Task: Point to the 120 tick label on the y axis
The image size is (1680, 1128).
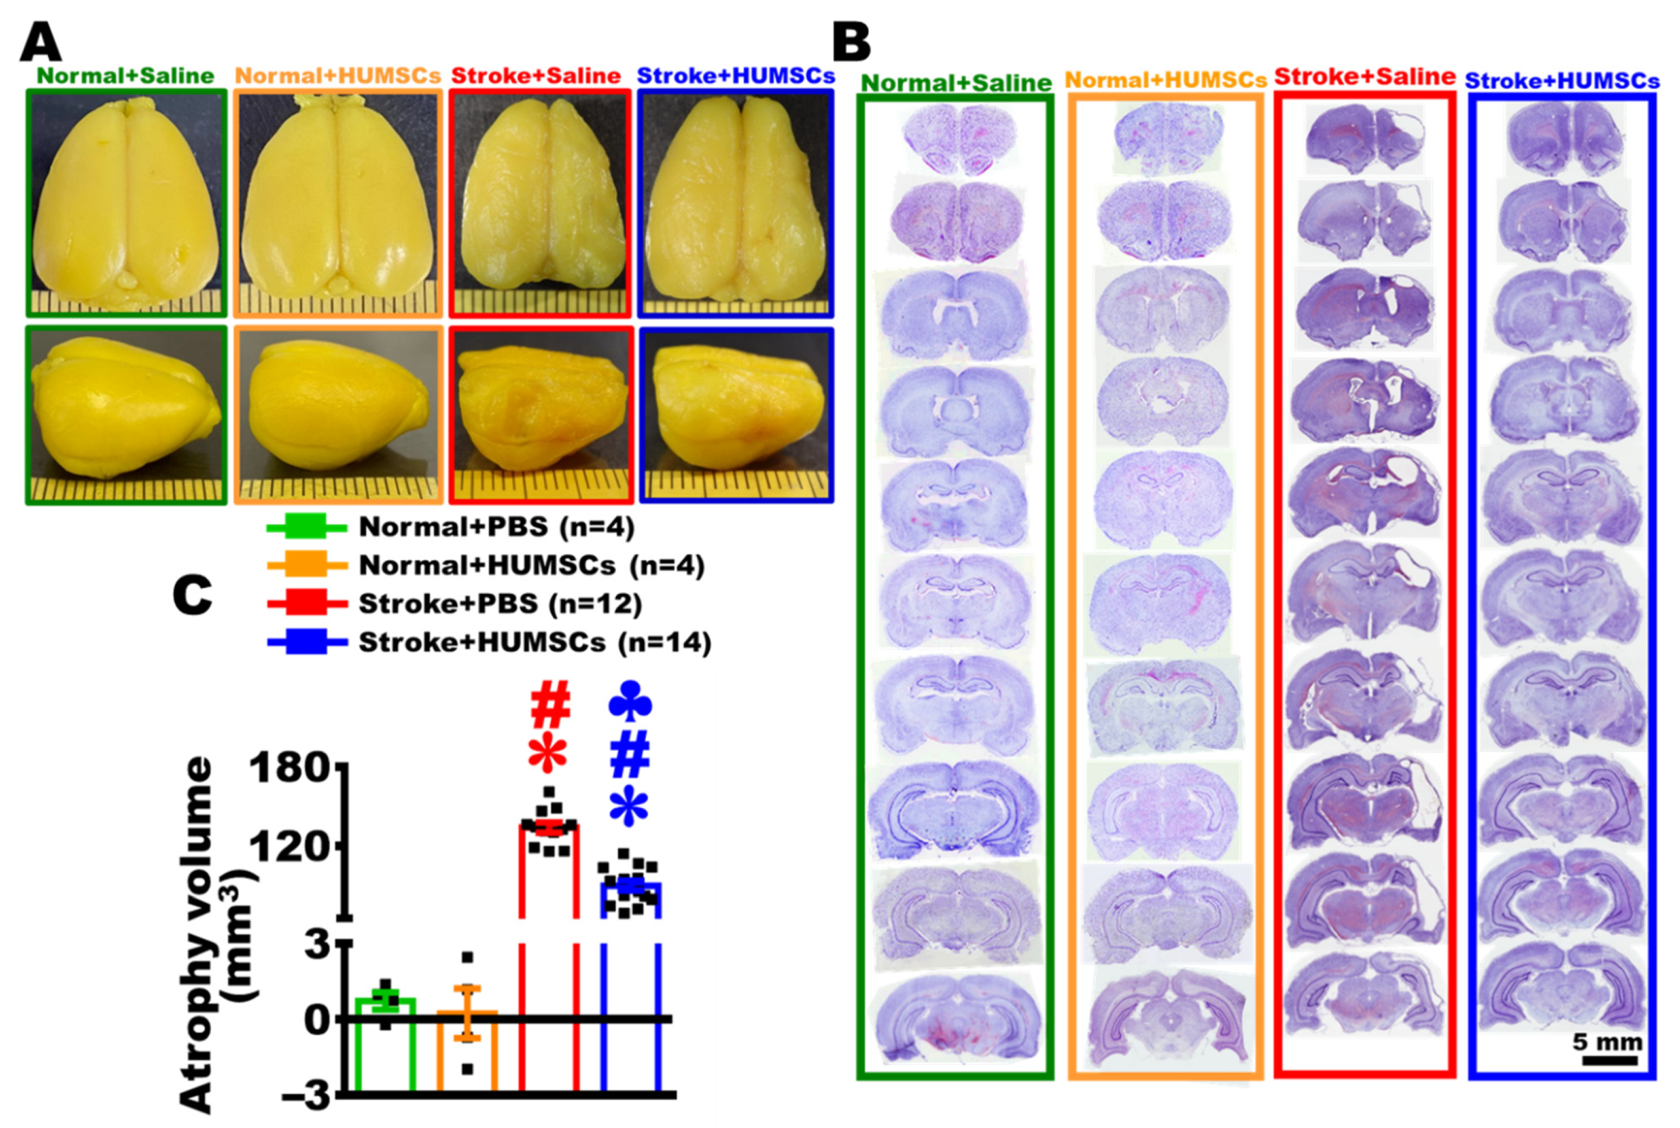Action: pos(291,846)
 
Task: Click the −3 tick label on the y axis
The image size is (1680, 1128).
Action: pos(302,1097)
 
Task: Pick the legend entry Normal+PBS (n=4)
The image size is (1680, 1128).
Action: pos(497,527)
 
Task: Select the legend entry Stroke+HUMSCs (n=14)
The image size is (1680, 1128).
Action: pos(535,642)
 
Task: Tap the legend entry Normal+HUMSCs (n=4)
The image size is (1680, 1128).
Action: pos(531,566)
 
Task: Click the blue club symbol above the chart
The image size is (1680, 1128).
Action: pos(630,701)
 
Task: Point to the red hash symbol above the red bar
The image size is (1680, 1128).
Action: pos(551,707)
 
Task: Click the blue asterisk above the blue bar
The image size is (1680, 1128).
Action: pos(628,806)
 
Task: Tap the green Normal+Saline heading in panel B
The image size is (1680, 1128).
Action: pos(956,83)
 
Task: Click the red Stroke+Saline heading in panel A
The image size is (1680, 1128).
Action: pos(536,76)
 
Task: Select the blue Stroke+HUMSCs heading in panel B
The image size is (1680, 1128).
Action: pos(1562,81)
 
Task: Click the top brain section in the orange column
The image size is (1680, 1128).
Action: pos(1167,138)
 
